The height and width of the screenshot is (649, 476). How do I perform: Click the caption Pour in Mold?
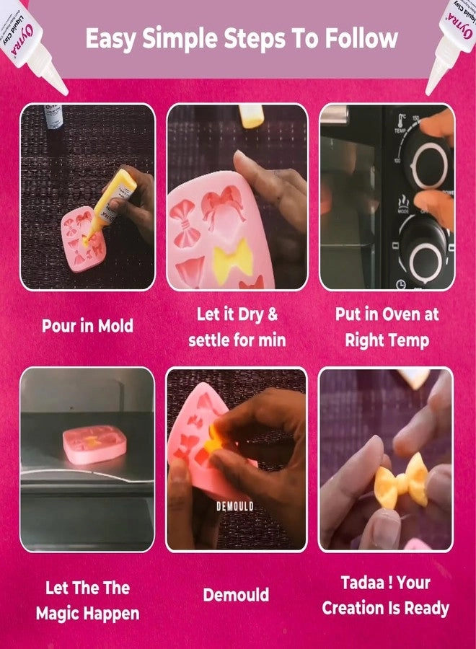87,326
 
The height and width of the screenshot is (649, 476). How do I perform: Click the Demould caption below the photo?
236,595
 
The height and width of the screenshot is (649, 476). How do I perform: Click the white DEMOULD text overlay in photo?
235,507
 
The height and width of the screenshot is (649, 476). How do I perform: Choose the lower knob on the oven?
426,252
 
